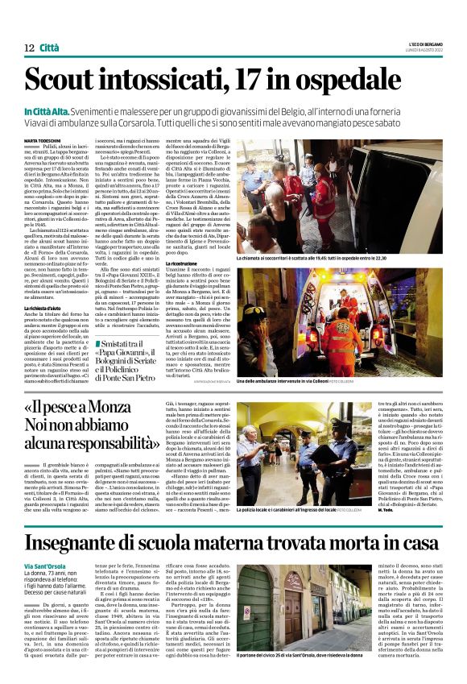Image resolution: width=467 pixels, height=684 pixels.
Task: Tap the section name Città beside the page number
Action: (x=49, y=49)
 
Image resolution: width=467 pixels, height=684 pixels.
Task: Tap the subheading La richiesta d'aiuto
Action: (x=46, y=309)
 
